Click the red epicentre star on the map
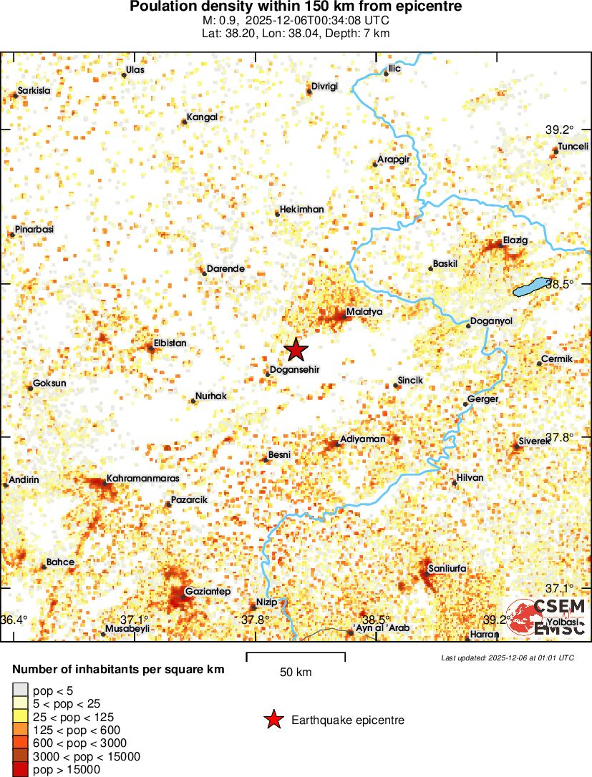296,350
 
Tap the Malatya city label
364,312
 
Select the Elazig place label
515,240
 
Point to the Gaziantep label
207,592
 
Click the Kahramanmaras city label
142,477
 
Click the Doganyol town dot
469,326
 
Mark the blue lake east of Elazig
533,287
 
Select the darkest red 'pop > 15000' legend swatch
21,769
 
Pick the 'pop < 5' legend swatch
21,690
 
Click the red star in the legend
273,720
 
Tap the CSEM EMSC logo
548,617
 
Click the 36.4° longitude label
14,619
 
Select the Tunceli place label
573,145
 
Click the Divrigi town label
324,87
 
